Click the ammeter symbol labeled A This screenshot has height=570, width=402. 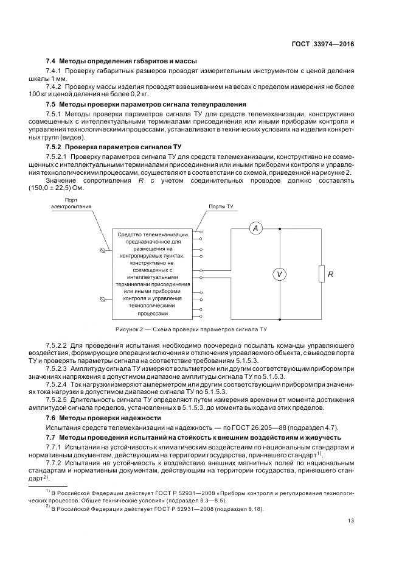pyautogui.click(x=256, y=228)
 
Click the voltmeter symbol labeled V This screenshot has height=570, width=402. pyautogui.click(x=279, y=275)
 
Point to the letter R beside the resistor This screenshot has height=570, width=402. pyautogui.click(x=331, y=275)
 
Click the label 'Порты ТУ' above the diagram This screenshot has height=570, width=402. pyautogui.click(x=221, y=207)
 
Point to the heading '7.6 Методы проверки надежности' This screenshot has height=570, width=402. pyautogui.click(x=104, y=418)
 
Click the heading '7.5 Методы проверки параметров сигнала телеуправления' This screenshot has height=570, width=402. pyautogui.click(x=146, y=104)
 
